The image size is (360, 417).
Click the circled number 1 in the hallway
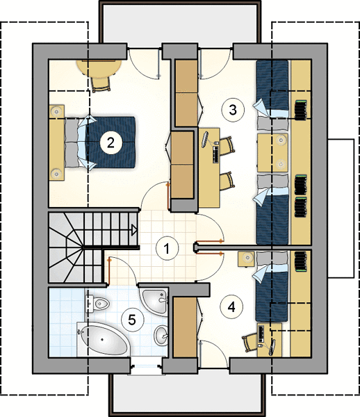click(167, 249)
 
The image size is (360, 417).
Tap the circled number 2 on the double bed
click(111, 142)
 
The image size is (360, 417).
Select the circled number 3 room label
click(233, 110)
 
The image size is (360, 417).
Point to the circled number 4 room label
click(231, 307)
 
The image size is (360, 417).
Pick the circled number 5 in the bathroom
click(132, 320)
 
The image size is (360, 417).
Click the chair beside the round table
click(101, 83)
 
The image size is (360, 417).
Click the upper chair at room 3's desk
click(227, 146)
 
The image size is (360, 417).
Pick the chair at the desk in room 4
click(249, 343)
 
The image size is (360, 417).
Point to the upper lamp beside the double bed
click(56, 111)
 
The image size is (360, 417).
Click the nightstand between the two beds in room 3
click(273, 153)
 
